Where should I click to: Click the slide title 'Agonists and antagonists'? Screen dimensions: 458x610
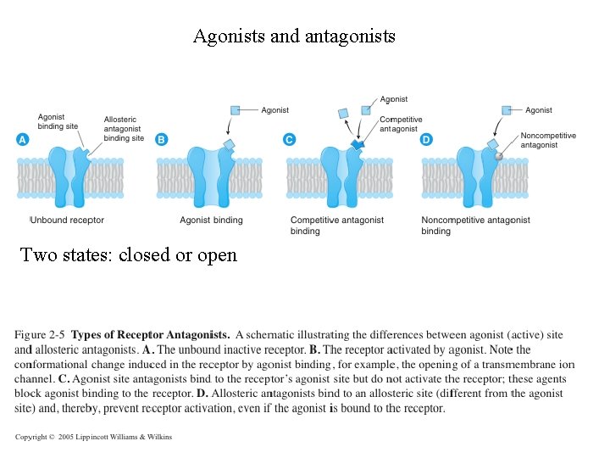pos(294,36)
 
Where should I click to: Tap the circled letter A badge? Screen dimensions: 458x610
pos(23,139)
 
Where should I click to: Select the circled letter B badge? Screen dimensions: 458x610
pos(162,139)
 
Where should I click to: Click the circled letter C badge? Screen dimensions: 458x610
pos(290,139)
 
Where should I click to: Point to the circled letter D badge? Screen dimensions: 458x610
pos(426,139)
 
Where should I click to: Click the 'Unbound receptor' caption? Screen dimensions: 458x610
pos(68,221)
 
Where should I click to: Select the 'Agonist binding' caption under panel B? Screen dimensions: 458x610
pos(211,221)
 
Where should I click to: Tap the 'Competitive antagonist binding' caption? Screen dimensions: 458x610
pos(336,225)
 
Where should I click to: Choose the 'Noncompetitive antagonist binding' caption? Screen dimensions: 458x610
pos(475,225)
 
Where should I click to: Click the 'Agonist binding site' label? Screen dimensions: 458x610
pos(58,121)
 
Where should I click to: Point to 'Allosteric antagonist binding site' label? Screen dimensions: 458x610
pos(124,129)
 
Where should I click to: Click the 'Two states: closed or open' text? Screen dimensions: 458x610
pos(129,254)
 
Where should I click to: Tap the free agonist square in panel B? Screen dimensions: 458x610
pos(236,109)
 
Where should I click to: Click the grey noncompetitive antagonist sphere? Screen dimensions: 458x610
pos(499,155)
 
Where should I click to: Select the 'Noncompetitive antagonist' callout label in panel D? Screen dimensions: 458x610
pos(547,140)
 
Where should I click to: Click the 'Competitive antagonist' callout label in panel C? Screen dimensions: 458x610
pos(400,124)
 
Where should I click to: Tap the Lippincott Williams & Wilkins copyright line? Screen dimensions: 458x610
pos(93,437)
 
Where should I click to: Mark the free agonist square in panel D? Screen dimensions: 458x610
pos(507,109)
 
